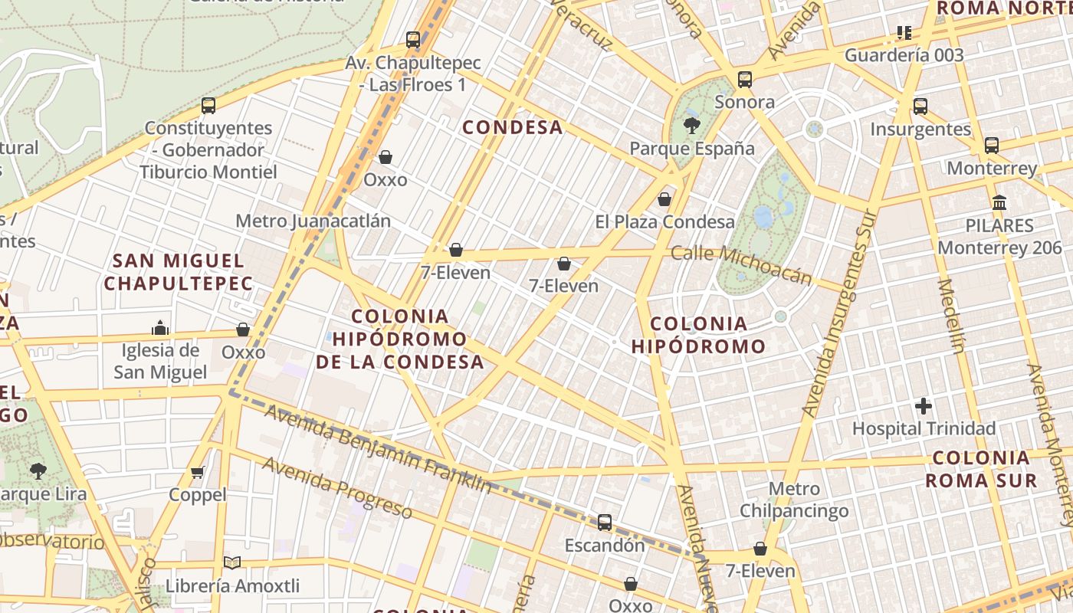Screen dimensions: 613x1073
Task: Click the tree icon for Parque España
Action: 691,126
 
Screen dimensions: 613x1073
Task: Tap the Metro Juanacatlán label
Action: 313,221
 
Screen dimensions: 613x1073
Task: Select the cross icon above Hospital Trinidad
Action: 924,405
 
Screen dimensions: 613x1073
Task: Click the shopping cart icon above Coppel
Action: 198,472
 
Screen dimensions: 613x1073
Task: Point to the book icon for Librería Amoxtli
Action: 232,563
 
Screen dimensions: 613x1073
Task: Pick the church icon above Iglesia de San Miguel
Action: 160,328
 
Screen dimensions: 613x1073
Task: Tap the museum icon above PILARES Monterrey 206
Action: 999,203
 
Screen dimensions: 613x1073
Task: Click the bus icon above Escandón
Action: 605,523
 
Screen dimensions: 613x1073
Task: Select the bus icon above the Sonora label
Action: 744,79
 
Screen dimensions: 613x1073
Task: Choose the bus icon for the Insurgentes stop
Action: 920,107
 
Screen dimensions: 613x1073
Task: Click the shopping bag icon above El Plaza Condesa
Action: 664,199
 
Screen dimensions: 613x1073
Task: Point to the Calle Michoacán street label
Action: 740,264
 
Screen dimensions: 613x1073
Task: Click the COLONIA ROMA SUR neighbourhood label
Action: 981,470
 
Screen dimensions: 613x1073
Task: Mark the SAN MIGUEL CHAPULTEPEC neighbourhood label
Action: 178,272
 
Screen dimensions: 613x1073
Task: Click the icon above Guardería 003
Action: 904,33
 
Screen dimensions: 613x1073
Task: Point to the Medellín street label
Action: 950,316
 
